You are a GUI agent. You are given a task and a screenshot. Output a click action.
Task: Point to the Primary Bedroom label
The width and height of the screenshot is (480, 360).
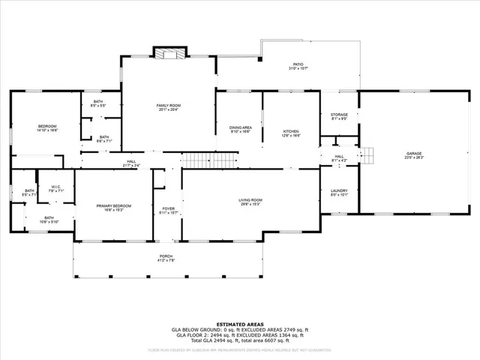[113, 207]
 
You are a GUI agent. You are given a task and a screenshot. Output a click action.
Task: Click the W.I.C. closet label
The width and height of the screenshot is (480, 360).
[55, 188]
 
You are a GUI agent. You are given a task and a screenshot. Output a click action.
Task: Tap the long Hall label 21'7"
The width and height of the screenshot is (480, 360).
[130, 163]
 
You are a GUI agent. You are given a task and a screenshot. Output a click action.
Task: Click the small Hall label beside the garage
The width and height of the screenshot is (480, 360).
[339, 157]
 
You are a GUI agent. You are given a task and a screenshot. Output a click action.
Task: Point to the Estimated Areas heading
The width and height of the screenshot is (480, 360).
[239, 323]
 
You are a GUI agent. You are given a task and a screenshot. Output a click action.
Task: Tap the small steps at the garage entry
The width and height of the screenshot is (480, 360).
[367, 155]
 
